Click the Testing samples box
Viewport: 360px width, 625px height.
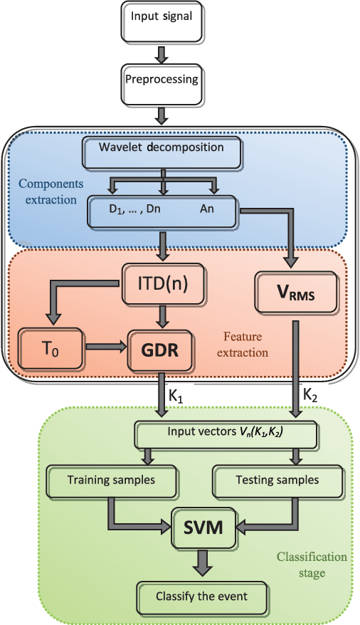[277, 480]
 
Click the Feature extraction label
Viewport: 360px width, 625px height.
[245, 345]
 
